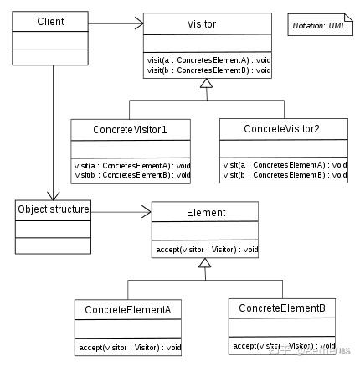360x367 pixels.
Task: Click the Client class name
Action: pyautogui.click(x=51, y=20)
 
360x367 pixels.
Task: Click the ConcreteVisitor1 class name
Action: pyautogui.click(x=131, y=130)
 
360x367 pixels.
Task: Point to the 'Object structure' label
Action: pyautogui.click(x=53, y=208)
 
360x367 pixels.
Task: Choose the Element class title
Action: pyautogui.click(x=205, y=213)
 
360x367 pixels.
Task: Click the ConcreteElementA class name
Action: pyautogui.click(x=128, y=309)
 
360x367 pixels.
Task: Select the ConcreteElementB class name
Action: pyautogui.click(x=281, y=308)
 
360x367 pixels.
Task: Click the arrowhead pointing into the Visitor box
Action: pyautogui.click(x=139, y=24)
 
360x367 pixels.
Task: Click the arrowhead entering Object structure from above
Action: pyautogui.click(x=53, y=194)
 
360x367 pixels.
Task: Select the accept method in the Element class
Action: pyautogui.click(x=205, y=250)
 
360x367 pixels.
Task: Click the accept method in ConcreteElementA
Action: pyautogui.click(x=128, y=346)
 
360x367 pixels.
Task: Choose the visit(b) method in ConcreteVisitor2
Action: pyautogui.click(x=284, y=174)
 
